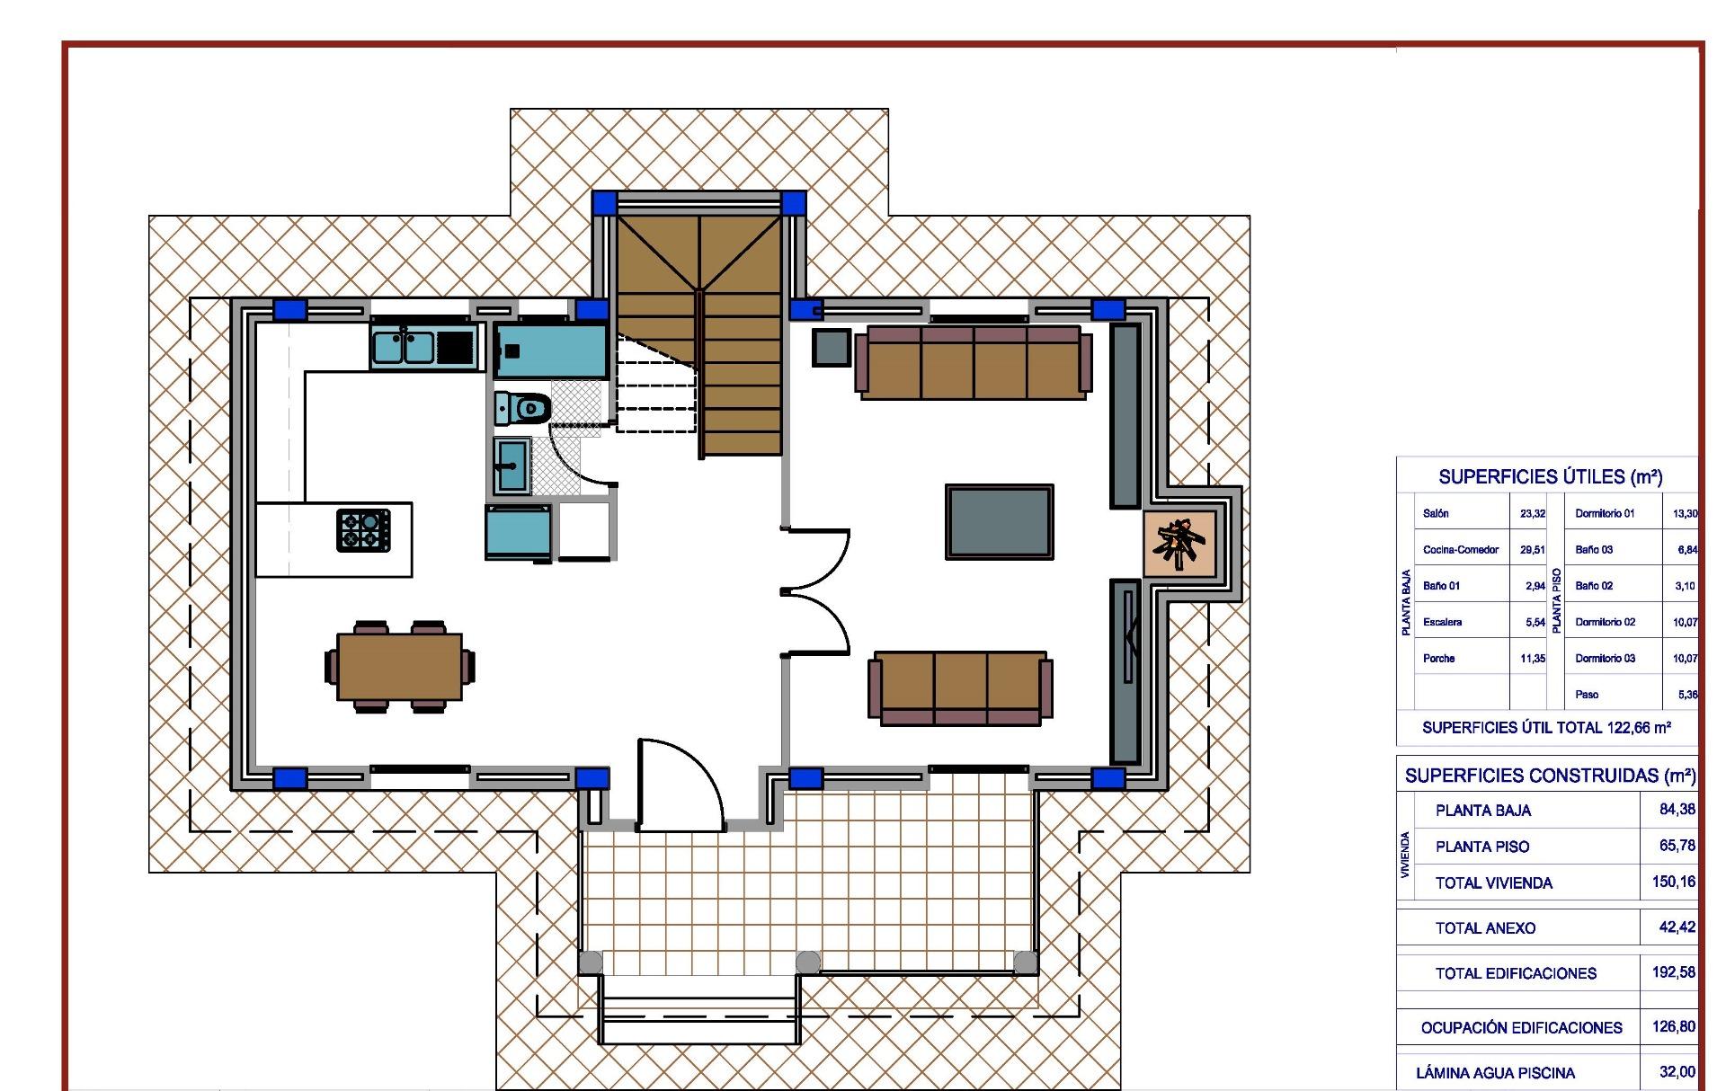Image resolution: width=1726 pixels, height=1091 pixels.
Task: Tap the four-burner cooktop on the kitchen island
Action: pyautogui.click(x=364, y=529)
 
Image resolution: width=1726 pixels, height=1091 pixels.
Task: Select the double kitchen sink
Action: pyautogui.click(x=405, y=347)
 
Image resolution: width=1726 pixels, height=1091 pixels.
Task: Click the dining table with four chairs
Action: pyautogui.click(x=400, y=666)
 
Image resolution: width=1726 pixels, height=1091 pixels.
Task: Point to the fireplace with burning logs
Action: pyautogui.click(x=1179, y=543)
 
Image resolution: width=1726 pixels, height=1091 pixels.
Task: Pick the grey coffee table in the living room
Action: pyautogui.click(x=999, y=521)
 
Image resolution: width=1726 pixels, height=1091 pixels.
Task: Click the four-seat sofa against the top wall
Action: pyautogui.click(x=972, y=362)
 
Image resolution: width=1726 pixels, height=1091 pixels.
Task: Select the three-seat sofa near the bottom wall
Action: pyautogui.click(x=960, y=687)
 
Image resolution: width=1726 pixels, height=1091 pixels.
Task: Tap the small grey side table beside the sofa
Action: pyautogui.click(x=831, y=348)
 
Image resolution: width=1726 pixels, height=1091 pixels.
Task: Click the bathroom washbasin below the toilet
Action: pyautogui.click(x=513, y=465)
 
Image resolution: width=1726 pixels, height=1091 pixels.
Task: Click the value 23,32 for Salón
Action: pyautogui.click(x=1533, y=514)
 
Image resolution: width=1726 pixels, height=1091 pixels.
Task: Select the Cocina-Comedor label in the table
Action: pyautogui.click(x=1461, y=550)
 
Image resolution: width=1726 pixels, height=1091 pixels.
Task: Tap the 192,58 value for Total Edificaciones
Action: pyautogui.click(x=1673, y=972)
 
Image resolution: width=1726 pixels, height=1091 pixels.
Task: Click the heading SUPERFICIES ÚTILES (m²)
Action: pyautogui.click(x=1550, y=477)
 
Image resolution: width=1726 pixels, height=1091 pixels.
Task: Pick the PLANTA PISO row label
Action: pyautogui.click(x=1482, y=847)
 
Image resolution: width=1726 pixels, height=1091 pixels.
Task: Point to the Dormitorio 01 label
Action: pyautogui.click(x=1605, y=514)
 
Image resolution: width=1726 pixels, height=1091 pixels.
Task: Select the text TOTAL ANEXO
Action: pyautogui.click(x=1485, y=928)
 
